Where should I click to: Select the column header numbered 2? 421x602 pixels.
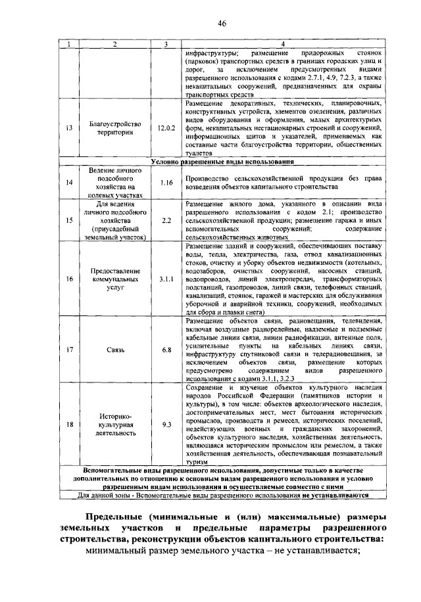114,44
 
